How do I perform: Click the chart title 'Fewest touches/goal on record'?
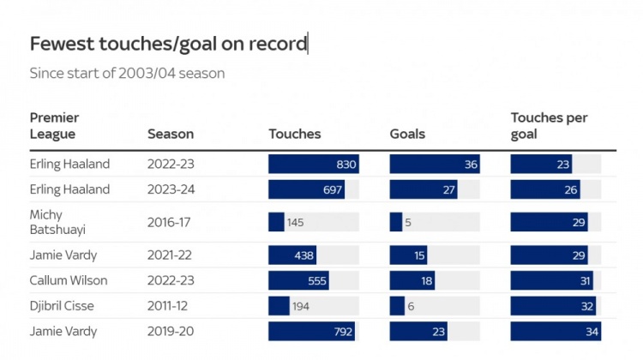click(168, 45)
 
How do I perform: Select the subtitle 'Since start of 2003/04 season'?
click(127, 74)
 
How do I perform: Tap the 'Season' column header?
click(171, 134)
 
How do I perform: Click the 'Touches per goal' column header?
click(550, 126)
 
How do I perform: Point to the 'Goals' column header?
click(407, 134)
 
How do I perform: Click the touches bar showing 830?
click(313, 165)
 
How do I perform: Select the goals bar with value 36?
click(435, 165)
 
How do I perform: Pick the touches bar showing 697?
click(307, 189)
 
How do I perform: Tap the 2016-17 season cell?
click(171, 222)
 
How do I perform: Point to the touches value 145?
click(295, 222)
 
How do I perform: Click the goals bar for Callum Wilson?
click(412, 281)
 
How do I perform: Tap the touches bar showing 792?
click(311, 331)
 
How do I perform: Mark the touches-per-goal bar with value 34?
click(556, 331)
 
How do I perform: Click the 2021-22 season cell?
click(171, 255)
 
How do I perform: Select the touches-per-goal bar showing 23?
click(541, 165)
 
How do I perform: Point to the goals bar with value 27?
click(424, 189)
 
